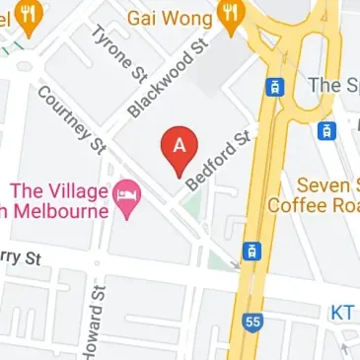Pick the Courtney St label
[x=72, y=120]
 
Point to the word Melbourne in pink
[x=60, y=209]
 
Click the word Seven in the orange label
[x=326, y=183]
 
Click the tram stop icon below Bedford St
[x=252, y=251]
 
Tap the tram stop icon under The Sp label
[x=324, y=129]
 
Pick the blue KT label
[x=341, y=312]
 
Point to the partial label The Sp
[x=333, y=85]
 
